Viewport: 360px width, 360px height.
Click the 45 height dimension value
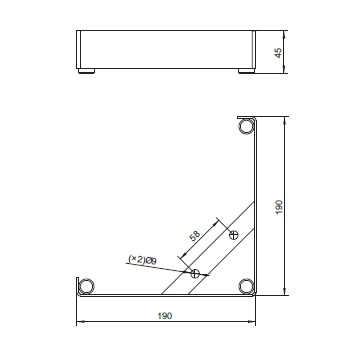coord(278,53)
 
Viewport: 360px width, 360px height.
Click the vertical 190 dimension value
coord(279,207)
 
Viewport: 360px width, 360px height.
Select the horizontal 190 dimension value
coord(165,315)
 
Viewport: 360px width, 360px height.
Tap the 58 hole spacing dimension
coord(194,235)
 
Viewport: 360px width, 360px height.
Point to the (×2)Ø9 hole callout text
coord(142,260)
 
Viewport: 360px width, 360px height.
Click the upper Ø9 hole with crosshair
coord(234,235)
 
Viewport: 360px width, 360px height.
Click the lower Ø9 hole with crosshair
coord(195,273)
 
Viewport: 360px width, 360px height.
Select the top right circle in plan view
coord(247,127)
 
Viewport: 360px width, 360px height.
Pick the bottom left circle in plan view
coord(86,287)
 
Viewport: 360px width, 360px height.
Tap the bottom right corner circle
coord(247,286)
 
